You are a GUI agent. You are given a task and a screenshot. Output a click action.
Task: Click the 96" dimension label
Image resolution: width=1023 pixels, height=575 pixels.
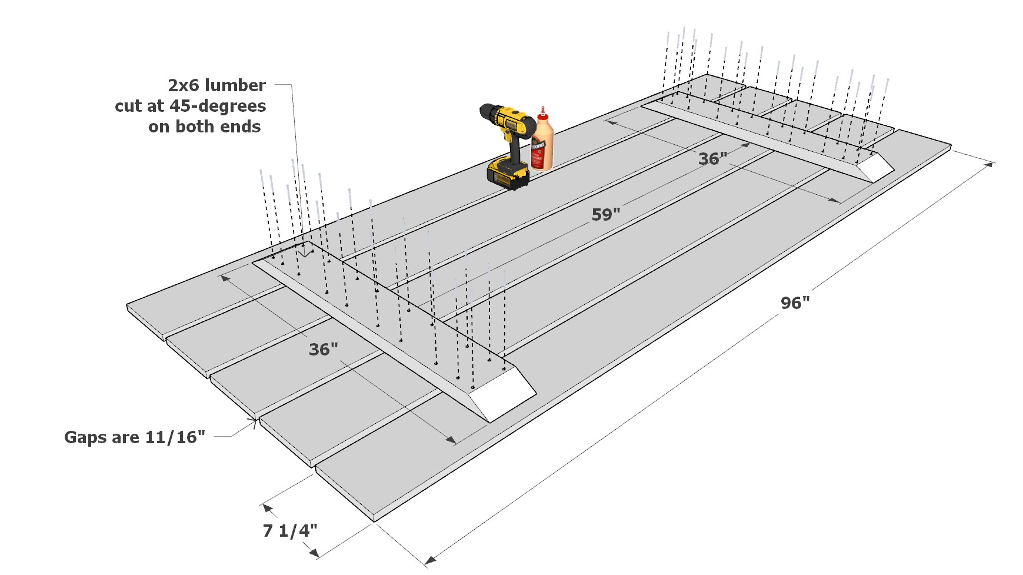(x=795, y=303)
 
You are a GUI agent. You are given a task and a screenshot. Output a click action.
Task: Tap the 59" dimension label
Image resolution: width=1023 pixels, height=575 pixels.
(x=605, y=214)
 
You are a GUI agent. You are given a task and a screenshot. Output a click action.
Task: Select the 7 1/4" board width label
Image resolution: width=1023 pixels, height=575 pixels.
(x=290, y=530)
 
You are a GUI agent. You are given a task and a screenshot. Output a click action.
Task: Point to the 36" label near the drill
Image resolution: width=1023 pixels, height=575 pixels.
(x=712, y=158)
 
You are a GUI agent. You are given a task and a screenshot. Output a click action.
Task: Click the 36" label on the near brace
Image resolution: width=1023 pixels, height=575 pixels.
(x=323, y=349)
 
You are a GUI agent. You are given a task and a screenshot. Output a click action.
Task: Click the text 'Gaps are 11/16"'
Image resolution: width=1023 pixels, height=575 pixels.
(x=135, y=437)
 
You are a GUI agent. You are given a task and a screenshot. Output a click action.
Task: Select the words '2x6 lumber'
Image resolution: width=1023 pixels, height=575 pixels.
(x=216, y=85)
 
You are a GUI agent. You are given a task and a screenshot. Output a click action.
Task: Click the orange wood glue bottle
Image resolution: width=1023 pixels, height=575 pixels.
(x=542, y=144)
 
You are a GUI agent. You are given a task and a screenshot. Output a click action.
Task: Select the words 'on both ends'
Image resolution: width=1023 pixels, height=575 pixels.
(x=204, y=127)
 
